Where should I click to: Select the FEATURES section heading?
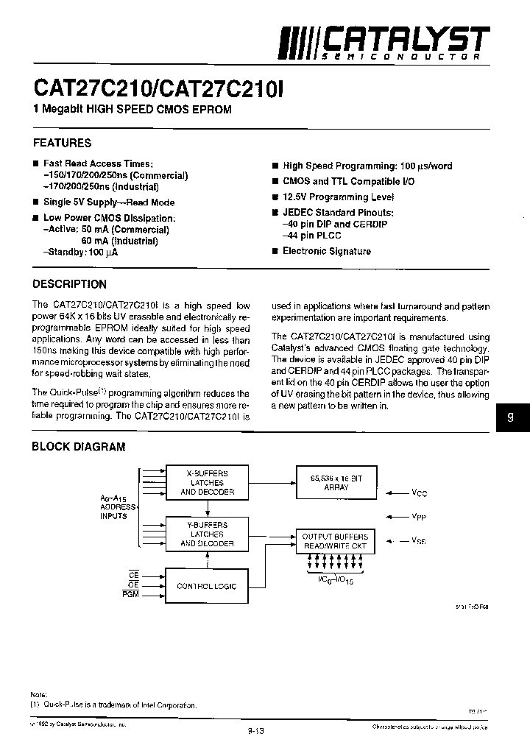pyautogui.click(x=63, y=143)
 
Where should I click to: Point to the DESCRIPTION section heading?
pyautogui.click(x=70, y=284)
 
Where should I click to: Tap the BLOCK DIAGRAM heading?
pyautogui.click(x=79, y=447)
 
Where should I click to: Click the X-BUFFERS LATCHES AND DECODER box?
pyautogui.click(x=208, y=483)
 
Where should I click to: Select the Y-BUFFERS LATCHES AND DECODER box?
pyautogui.click(x=208, y=534)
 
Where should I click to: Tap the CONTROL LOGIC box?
pyautogui.click(x=207, y=587)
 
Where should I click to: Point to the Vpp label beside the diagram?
pyautogui.click(x=418, y=517)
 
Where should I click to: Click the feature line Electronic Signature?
pyautogui.click(x=326, y=251)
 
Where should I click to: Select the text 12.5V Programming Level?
pyautogui.click(x=338, y=197)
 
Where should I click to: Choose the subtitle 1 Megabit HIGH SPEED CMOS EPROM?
pyautogui.click(x=132, y=110)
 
